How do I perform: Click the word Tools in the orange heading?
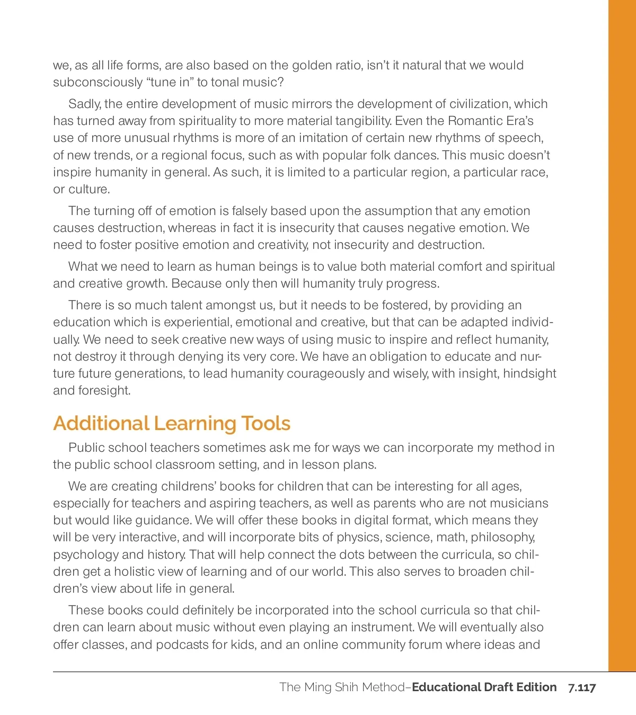[x=266, y=423]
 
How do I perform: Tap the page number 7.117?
[x=582, y=687]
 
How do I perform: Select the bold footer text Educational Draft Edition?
[x=484, y=687]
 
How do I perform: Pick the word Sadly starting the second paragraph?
[x=84, y=104]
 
